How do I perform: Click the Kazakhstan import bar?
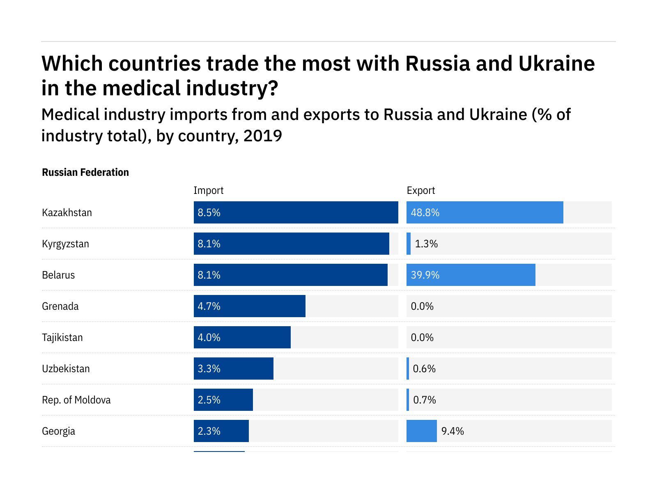(296, 212)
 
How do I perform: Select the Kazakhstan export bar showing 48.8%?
(485, 212)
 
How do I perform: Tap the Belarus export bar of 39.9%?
(471, 275)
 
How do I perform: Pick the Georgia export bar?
(421, 431)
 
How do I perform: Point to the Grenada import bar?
(249, 306)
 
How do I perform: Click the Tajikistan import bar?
(242, 337)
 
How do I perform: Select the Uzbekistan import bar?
(233, 369)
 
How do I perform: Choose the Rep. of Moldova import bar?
(223, 400)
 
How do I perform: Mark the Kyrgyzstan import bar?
(291, 244)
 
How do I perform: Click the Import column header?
(208, 191)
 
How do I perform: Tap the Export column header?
(420, 191)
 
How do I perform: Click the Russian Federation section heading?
(85, 173)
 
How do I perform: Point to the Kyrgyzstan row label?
(65, 244)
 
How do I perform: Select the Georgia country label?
(58, 431)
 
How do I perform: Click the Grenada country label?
(60, 306)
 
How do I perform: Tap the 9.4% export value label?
(453, 431)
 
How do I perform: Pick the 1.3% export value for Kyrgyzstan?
(426, 244)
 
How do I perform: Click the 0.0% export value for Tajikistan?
(422, 337)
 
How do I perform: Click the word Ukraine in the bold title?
(556, 64)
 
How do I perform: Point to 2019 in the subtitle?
(263, 136)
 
